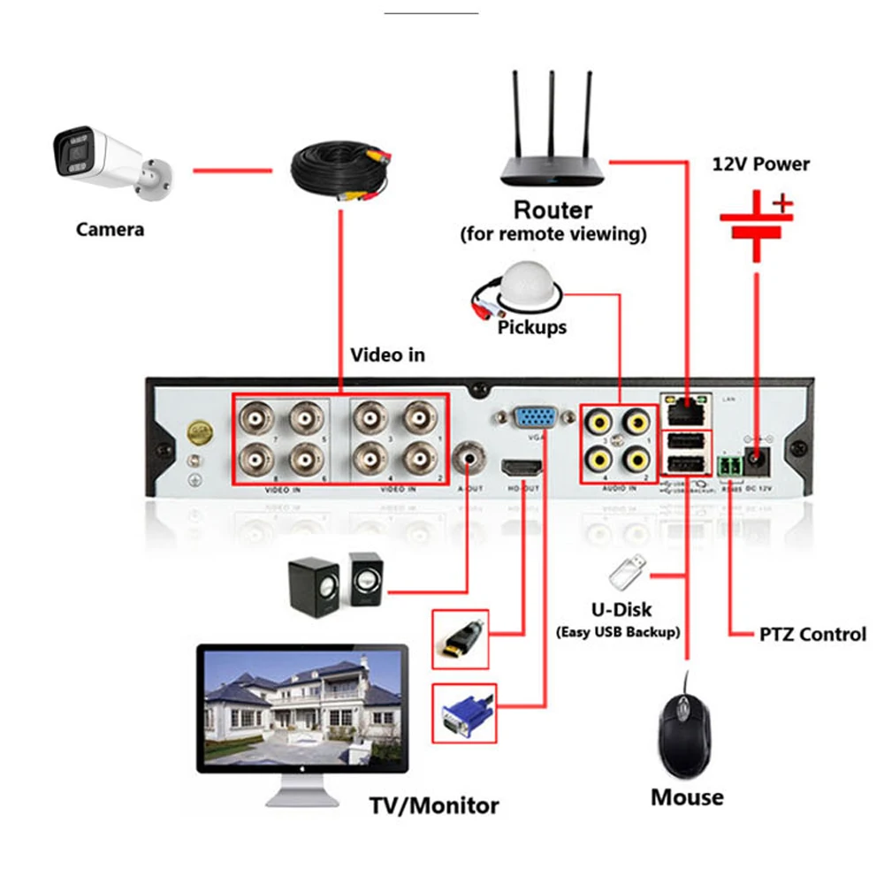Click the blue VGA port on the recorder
pos(535,419)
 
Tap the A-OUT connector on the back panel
pos(469,458)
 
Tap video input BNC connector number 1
pos(419,415)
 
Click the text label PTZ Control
pos(812,635)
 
